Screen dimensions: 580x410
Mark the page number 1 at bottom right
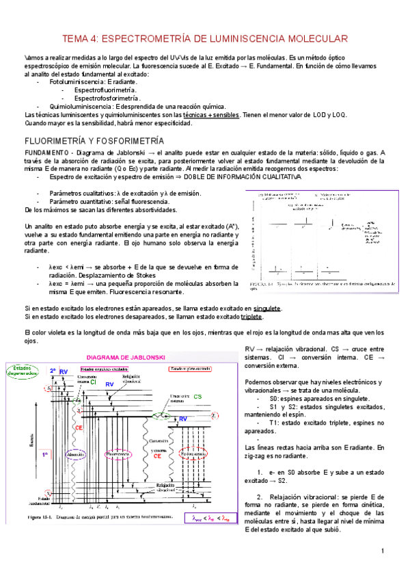click(383, 551)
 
